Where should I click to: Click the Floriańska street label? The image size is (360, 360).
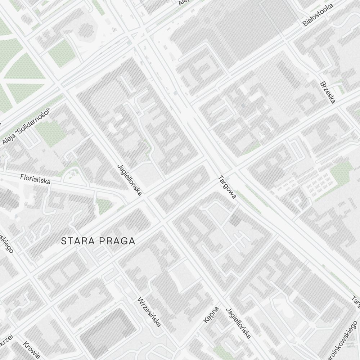pos(35,179)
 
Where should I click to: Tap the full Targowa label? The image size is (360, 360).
pos(227,187)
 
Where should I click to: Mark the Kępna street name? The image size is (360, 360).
pos(211,315)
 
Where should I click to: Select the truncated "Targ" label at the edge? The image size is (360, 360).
pos(356,302)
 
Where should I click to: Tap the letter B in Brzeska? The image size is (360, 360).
pos(322,85)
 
